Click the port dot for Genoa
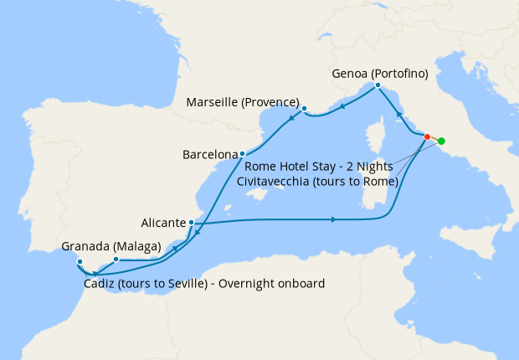pos(378,85)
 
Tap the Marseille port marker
pos(305,108)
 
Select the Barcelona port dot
pos(242,154)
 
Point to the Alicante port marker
pos(193,223)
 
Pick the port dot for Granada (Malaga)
pos(116,260)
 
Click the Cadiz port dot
pos(80,262)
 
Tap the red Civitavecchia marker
pos(427,136)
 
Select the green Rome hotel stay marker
pos(441,141)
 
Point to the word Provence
pos(271,102)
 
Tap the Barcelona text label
pos(210,155)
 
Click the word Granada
pos(85,247)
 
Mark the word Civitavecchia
pos(276,180)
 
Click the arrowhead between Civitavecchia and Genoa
pos(398,114)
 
